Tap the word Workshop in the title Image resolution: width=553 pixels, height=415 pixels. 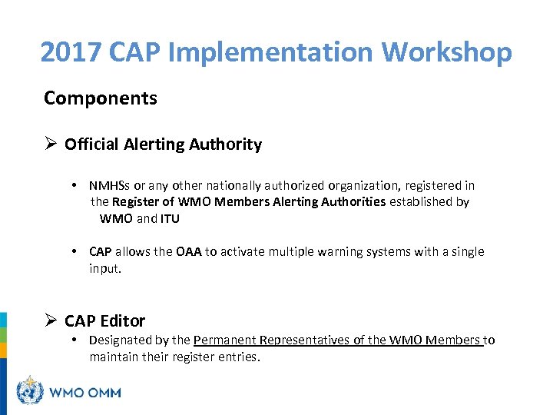[x=446, y=52]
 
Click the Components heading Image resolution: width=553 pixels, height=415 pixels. [x=100, y=98]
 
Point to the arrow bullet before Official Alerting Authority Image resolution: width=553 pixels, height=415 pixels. [x=51, y=144]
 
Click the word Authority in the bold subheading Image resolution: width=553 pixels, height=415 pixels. [x=227, y=144]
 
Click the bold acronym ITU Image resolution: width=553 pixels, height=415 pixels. [x=171, y=218]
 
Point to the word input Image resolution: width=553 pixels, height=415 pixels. [x=104, y=269]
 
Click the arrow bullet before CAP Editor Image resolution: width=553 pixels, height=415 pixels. [x=51, y=321]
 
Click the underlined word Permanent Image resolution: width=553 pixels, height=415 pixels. [x=224, y=340]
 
